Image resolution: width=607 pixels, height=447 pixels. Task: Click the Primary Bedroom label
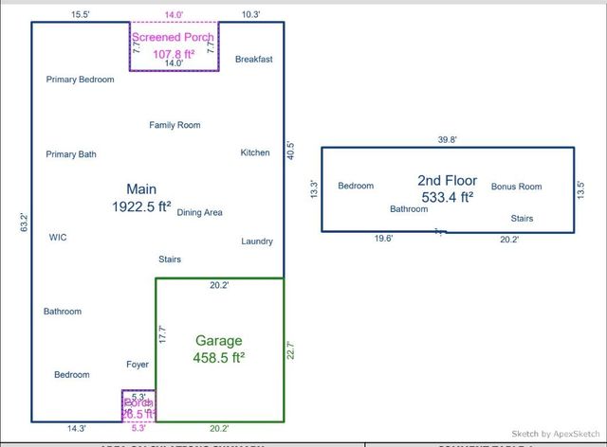(80, 80)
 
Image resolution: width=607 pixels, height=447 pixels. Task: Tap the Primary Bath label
(71, 154)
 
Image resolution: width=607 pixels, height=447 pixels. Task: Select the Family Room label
(175, 125)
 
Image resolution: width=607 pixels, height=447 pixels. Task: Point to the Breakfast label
(253, 59)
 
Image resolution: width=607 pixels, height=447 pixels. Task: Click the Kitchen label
(255, 152)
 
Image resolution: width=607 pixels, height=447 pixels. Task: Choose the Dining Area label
(200, 213)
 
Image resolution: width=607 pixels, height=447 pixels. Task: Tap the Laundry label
(257, 241)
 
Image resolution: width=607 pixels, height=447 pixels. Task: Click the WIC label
(58, 238)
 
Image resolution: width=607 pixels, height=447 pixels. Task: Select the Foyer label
(138, 364)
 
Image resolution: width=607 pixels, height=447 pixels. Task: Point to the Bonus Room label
(516, 187)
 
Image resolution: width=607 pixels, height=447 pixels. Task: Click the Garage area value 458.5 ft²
(219, 358)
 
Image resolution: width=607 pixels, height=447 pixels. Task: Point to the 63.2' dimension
(25, 223)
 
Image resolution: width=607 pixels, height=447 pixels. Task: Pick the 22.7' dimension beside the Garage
(290, 349)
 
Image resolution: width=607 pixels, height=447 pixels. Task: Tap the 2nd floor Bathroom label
(409, 209)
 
